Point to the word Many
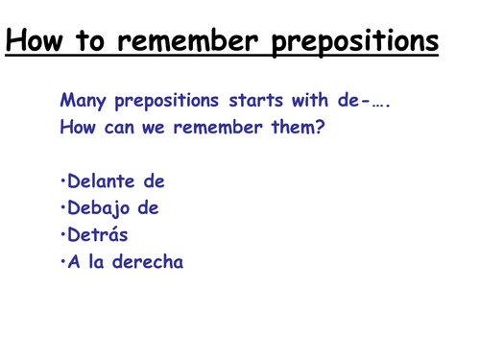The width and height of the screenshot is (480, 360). click(x=84, y=101)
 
